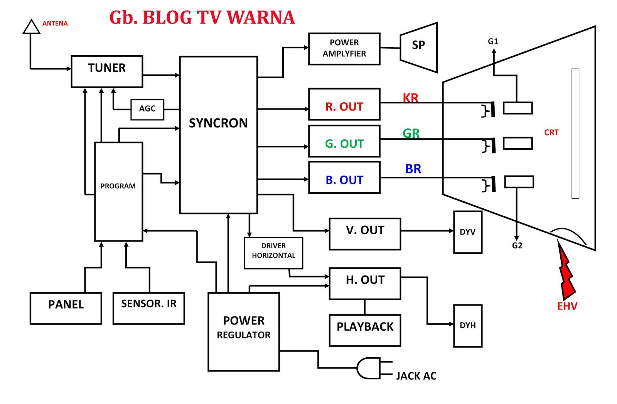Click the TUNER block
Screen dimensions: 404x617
[107, 71]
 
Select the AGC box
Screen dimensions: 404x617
[147, 110]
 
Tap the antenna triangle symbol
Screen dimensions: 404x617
[31, 27]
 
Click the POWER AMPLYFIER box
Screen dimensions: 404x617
[344, 49]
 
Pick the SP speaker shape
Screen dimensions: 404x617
[418, 47]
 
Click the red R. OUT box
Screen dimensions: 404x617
[344, 105]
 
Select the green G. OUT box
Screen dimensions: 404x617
[344, 141]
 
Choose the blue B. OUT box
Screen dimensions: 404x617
[344, 177]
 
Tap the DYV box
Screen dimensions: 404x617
[467, 232]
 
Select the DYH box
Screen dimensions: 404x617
[467, 326]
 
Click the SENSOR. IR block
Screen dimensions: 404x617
[148, 308]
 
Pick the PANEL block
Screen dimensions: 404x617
[66, 308]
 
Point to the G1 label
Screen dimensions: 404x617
[493, 41]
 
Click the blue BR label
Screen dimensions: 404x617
[413, 169]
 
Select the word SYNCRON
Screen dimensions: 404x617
[218, 123]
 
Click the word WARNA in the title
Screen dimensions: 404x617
[261, 18]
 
